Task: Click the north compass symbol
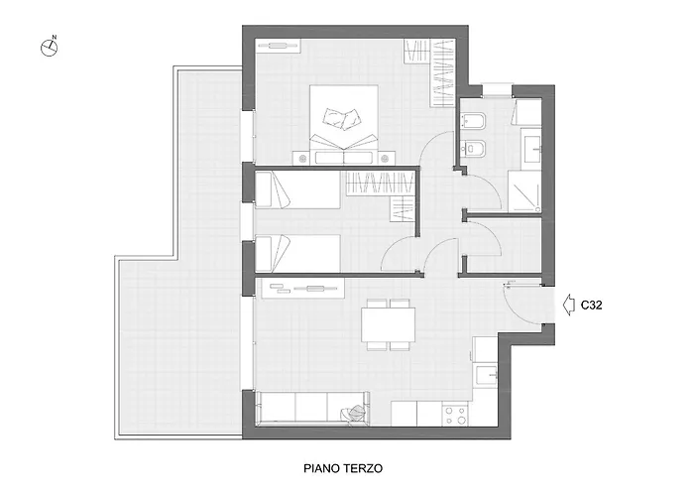click(x=50, y=47)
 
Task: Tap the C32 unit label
click(x=591, y=306)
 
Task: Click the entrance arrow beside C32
click(x=568, y=305)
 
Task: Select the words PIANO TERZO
click(x=343, y=468)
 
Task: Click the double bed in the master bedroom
click(x=343, y=124)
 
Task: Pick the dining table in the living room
click(x=389, y=324)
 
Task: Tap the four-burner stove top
click(x=455, y=415)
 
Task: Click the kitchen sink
click(x=485, y=375)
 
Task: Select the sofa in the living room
click(x=312, y=409)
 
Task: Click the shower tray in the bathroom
click(x=524, y=191)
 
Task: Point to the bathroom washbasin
click(x=531, y=149)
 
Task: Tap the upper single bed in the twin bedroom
click(x=297, y=189)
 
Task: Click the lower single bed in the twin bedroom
click(x=297, y=253)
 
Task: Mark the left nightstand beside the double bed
click(x=303, y=158)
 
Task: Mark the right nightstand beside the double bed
click(x=385, y=158)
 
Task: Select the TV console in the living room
click(x=303, y=289)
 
